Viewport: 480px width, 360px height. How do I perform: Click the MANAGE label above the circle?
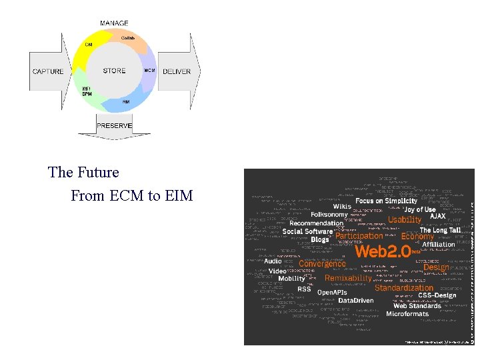click(x=114, y=23)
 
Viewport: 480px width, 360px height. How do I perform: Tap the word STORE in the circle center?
click(x=114, y=71)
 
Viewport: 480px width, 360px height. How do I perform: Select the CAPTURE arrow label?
click(x=48, y=71)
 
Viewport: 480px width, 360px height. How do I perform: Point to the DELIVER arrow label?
click(x=176, y=71)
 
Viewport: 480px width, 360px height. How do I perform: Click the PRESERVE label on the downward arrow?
click(x=115, y=125)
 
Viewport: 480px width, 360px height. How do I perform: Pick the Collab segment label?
click(x=128, y=38)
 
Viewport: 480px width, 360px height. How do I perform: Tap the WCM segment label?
click(x=149, y=71)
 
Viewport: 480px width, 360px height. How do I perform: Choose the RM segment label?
click(x=125, y=101)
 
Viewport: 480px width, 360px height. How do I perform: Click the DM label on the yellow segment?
click(x=88, y=45)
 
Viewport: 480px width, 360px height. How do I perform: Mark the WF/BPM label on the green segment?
click(x=87, y=91)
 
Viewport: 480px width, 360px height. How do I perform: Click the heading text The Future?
click(x=83, y=172)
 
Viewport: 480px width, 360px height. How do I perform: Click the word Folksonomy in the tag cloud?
click(x=329, y=215)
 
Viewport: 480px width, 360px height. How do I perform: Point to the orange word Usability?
click(x=405, y=219)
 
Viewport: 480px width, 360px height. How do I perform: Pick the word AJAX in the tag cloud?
click(x=437, y=216)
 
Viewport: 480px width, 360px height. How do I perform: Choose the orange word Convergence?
click(x=322, y=263)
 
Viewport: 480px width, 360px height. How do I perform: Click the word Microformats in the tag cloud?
click(x=407, y=313)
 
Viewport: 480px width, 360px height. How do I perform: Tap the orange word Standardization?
click(x=404, y=288)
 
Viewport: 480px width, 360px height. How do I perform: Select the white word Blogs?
click(x=320, y=239)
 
